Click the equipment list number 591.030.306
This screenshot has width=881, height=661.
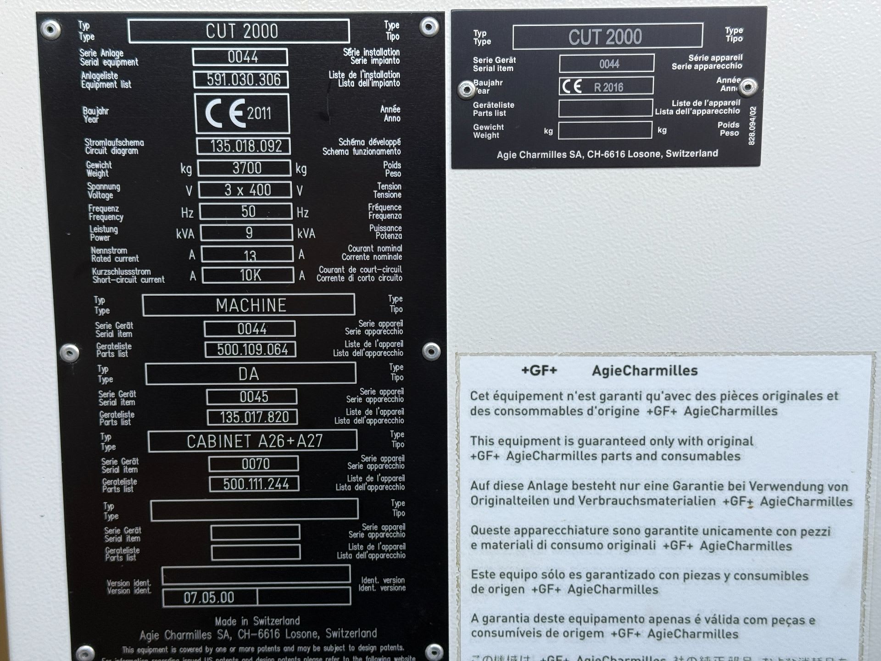coord(243,80)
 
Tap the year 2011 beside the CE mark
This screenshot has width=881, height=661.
coord(259,113)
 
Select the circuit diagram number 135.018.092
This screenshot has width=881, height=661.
coord(246,146)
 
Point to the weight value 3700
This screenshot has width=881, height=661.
coord(247,168)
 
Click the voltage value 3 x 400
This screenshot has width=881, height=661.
coord(247,190)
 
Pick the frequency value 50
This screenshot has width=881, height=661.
coord(248,212)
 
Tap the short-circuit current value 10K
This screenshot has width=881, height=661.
coord(250,275)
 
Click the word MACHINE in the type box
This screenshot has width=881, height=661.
coord(251,305)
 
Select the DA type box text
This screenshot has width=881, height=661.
coord(249,374)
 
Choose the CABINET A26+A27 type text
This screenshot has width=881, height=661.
coord(255,441)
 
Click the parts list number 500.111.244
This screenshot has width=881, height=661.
coord(256,484)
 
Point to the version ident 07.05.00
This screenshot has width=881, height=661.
coord(209,597)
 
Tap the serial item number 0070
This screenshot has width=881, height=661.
coord(256,464)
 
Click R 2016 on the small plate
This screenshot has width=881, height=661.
coord(608,87)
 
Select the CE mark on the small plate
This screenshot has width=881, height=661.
coord(572,86)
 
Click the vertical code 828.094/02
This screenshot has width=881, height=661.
coord(752,126)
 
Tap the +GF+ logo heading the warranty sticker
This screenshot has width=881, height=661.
coord(539,370)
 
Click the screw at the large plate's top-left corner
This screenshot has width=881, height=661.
coord(50,29)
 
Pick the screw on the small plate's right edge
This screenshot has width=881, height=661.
coord(748,87)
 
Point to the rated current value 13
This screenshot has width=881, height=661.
coord(250,255)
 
